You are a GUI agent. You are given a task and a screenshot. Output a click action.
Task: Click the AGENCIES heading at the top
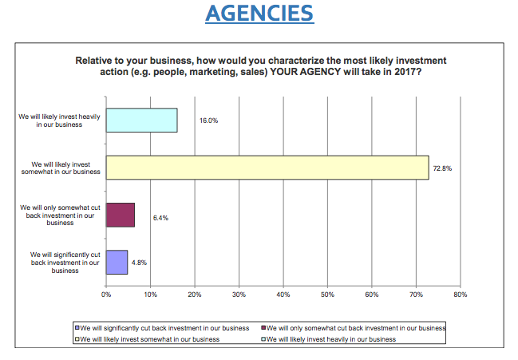pos(259,14)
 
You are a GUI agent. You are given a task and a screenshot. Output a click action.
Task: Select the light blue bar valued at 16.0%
pos(141,120)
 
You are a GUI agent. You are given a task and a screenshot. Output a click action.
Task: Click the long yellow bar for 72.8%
pos(267,167)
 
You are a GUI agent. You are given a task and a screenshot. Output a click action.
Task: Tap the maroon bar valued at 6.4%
pos(120,215)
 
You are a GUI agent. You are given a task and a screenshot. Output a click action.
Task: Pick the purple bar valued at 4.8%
pos(117,262)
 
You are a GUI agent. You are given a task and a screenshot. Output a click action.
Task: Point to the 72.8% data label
pos(444,168)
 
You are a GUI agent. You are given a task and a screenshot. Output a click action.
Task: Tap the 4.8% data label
pos(139,262)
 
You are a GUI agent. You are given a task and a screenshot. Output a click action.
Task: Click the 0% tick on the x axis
pos(106,295)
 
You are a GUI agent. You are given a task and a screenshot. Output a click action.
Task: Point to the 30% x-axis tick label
pos(238,295)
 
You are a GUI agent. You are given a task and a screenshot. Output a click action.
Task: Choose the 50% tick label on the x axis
pos(326,295)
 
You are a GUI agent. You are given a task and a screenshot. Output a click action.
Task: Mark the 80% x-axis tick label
pos(459,295)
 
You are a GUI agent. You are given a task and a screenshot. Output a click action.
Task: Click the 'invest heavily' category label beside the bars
pos(60,120)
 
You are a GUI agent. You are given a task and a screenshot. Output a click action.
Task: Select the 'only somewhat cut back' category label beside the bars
pos(60,216)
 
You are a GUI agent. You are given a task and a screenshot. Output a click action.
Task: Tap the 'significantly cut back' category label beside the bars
pos(60,263)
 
